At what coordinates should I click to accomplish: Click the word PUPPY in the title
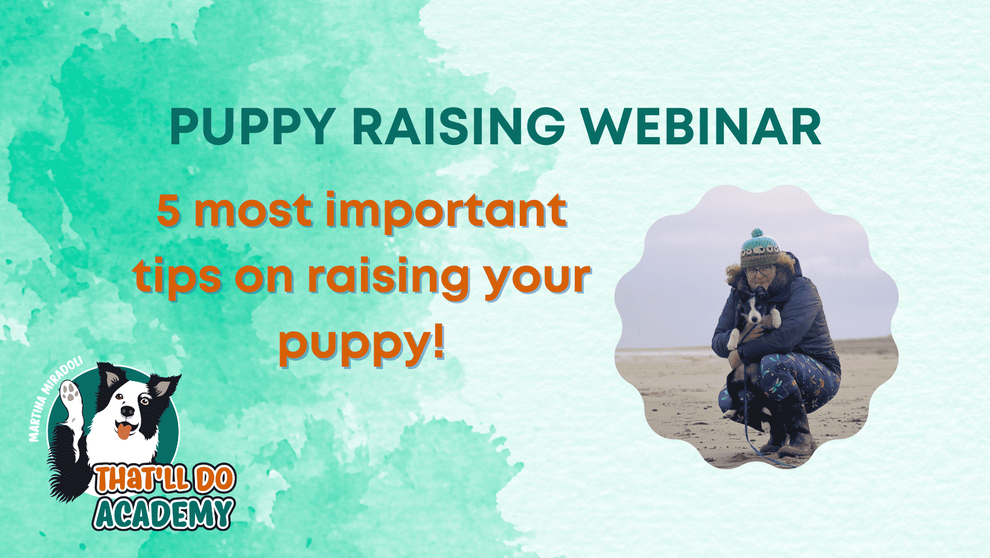(252, 126)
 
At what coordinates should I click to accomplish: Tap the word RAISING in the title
(458, 126)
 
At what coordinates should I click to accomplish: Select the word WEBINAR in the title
(701, 126)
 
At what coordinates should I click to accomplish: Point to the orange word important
(446, 212)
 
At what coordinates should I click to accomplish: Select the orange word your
(537, 281)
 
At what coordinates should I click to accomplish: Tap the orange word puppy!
(362, 347)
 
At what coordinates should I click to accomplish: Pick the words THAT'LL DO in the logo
(165, 479)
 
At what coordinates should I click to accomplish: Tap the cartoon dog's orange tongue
(124, 431)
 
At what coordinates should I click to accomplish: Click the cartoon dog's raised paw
(70, 395)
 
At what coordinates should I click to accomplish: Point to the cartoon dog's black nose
(127, 411)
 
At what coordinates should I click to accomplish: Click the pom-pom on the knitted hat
(757, 232)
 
